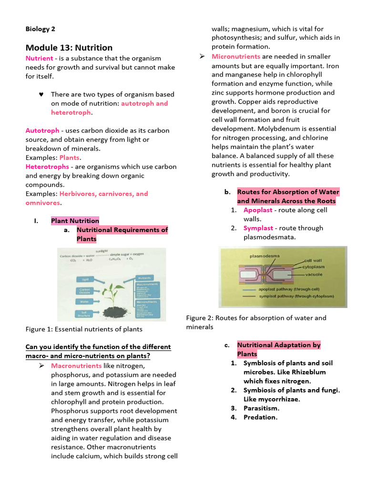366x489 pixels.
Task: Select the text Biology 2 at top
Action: [41, 29]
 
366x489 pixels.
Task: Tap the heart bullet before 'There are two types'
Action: [41, 95]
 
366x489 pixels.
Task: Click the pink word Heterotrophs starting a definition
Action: [47, 167]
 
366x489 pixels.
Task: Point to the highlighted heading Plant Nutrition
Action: [75, 221]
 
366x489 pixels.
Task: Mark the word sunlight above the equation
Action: [102, 251]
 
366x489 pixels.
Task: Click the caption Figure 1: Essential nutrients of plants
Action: [84, 329]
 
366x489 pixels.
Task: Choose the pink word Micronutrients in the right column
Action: [237, 57]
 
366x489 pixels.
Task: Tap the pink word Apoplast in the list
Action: [258, 210]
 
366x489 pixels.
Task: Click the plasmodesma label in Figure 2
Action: [264, 256]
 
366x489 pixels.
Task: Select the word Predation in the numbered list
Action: [260, 417]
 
